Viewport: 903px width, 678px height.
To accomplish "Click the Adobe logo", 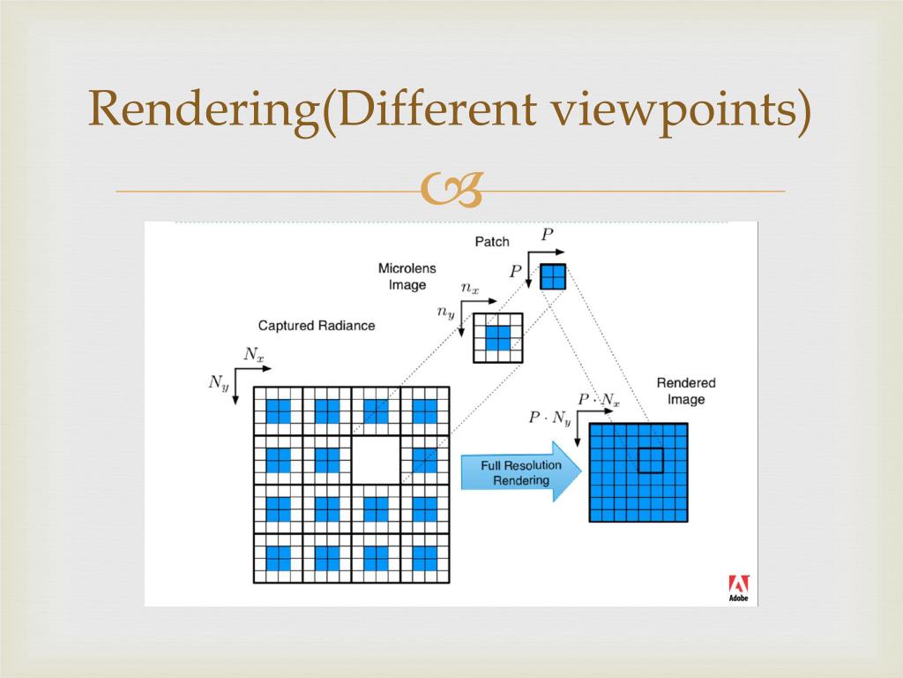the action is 738,588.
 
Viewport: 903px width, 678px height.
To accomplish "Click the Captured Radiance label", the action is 316,326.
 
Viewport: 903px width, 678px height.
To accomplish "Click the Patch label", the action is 492,241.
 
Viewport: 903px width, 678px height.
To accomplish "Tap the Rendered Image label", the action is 685,391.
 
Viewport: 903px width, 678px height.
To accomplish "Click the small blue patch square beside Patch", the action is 552,276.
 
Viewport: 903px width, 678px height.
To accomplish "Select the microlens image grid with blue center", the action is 497,338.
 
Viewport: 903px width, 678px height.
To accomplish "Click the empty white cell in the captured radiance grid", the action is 376,460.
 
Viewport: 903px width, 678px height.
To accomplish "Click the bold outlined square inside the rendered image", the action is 651,460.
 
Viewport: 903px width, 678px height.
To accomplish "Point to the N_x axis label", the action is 253,355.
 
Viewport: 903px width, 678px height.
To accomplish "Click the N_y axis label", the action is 216,383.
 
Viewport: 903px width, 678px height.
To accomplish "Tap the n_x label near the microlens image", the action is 470,288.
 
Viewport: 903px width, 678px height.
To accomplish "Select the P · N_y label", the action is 549,418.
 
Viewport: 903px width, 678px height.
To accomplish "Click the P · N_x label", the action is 599,400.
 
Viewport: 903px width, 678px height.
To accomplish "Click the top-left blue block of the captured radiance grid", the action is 278,411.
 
